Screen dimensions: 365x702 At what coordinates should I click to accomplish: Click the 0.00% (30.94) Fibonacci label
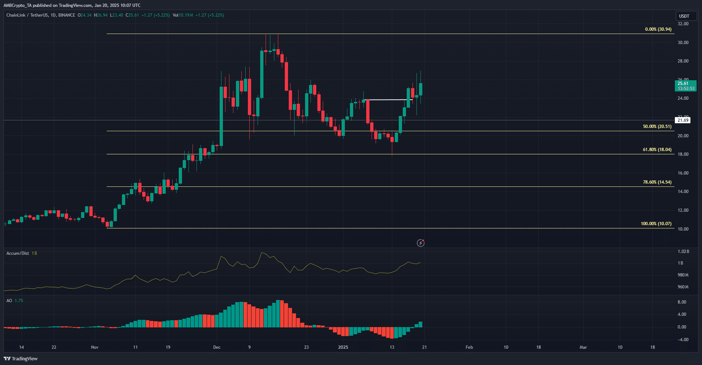(658, 29)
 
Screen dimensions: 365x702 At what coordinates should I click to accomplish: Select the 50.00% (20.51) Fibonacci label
(657, 126)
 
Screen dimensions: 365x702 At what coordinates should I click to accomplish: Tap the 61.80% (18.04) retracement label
(657, 150)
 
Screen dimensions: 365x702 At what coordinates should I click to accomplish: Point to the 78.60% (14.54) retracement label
(657, 182)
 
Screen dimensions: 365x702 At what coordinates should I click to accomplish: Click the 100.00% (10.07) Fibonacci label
(656, 224)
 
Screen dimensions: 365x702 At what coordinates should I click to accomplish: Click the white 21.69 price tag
(683, 120)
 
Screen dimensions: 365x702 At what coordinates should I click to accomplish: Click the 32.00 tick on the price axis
(683, 24)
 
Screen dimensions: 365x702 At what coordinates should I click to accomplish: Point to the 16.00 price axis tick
(683, 173)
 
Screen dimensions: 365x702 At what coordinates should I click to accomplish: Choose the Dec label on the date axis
(217, 347)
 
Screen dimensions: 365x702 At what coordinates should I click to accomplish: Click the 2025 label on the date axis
(343, 347)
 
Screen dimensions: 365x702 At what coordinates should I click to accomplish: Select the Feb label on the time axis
(469, 347)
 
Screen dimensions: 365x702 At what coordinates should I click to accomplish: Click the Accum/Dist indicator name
(18, 253)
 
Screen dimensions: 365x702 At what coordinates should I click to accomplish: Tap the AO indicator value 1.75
(19, 301)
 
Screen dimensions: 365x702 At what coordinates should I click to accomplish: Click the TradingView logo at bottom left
(21, 358)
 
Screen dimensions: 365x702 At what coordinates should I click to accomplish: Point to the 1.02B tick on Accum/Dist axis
(683, 252)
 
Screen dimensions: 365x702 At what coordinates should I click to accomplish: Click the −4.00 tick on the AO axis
(682, 340)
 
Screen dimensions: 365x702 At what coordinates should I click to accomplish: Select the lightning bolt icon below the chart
(420, 243)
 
